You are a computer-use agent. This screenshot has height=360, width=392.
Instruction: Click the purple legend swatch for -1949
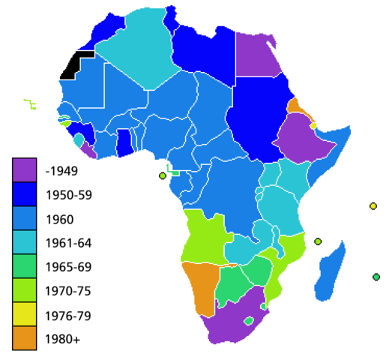pos(24,170)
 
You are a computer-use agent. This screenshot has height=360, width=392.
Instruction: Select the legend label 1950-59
pos(68,194)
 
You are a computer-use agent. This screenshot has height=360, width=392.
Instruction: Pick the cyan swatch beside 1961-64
pos(24,243)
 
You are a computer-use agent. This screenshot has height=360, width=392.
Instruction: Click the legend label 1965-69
pos(68,267)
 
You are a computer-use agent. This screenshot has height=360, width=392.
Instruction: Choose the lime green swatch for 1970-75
pos(24,291)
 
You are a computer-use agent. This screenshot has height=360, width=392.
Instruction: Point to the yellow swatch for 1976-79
pos(24,315)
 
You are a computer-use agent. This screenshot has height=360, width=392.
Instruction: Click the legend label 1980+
pos(62,339)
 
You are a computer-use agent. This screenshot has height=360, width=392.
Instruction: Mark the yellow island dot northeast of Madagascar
pos(373,206)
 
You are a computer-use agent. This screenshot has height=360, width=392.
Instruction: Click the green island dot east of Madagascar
pos(376,277)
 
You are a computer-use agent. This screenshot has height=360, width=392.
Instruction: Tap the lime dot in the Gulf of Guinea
pos(162,175)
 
